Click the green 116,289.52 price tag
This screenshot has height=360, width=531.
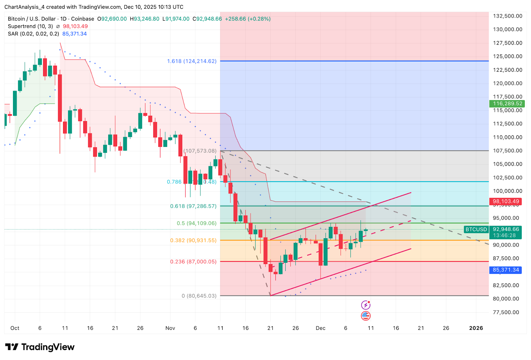tap(507, 104)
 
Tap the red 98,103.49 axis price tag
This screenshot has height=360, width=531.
tap(505, 201)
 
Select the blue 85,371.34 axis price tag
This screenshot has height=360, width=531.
tap(505, 270)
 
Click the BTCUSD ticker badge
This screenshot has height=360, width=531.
tap(476, 229)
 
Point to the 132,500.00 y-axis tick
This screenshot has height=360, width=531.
tap(507, 16)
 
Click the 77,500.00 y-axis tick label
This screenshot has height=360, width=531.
tap(506, 312)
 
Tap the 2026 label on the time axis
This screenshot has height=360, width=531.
tap(476, 328)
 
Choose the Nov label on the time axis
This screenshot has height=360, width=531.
tap(170, 328)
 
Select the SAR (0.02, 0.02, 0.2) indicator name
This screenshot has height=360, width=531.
tap(34, 34)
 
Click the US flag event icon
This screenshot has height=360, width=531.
tap(365, 316)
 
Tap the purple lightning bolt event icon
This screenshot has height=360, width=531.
tap(365, 305)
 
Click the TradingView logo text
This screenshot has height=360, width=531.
tap(48, 347)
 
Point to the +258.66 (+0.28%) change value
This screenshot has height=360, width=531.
tap(248, 19)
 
